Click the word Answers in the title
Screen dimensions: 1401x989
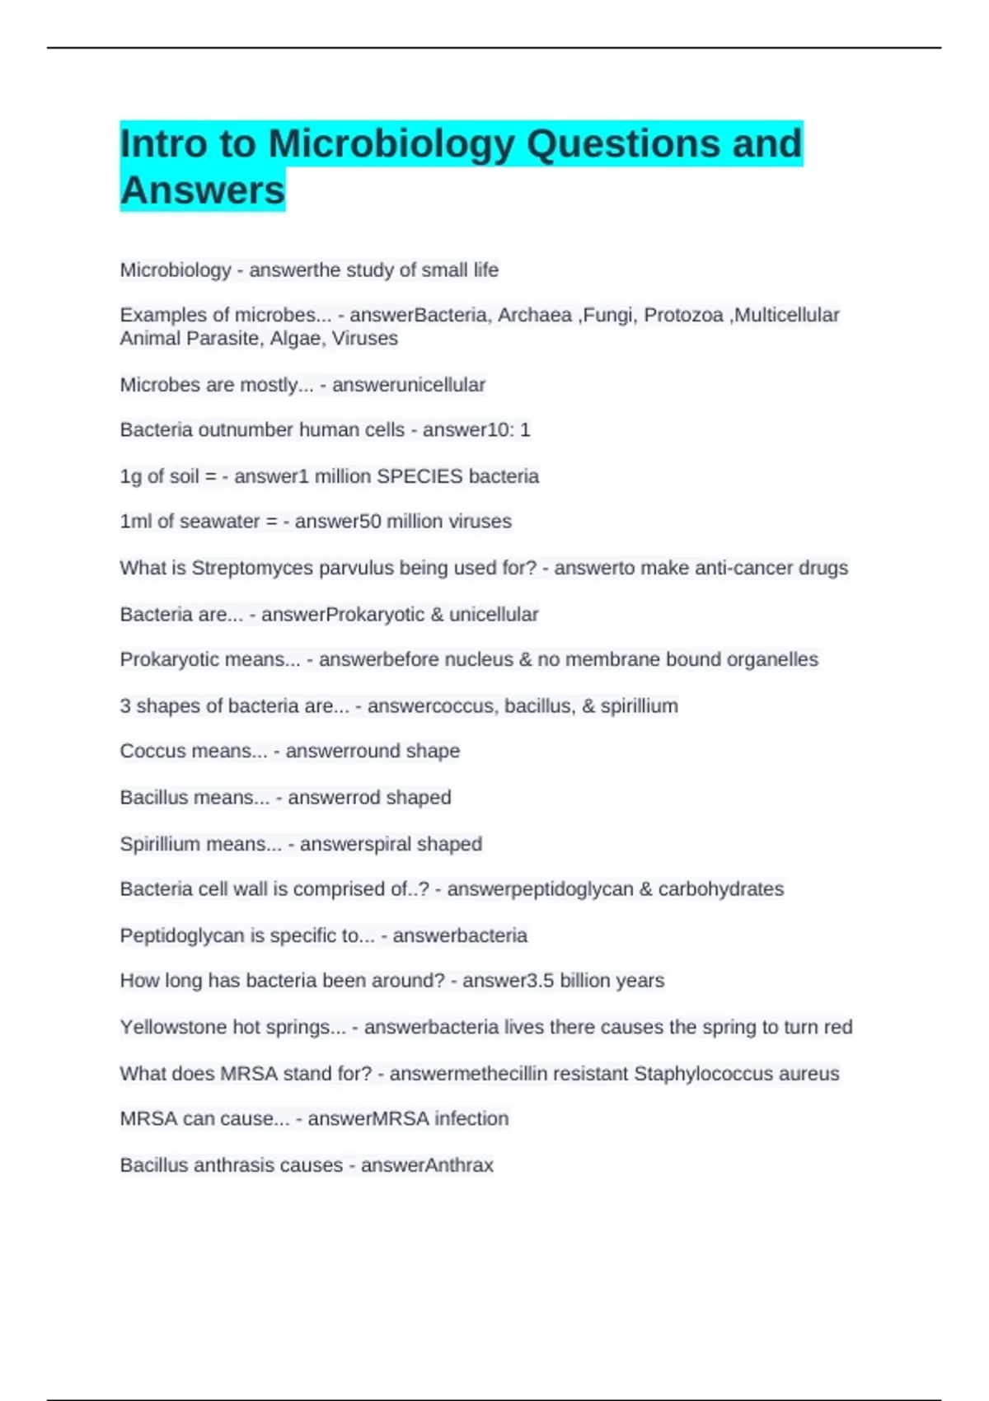pos(202,190)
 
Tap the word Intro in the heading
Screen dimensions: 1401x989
pos(162,143)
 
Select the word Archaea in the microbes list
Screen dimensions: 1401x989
pos(534,315)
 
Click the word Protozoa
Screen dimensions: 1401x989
pos(683,315)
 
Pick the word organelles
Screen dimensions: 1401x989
pos(772,659)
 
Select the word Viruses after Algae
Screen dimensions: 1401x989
pos(364,339)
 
